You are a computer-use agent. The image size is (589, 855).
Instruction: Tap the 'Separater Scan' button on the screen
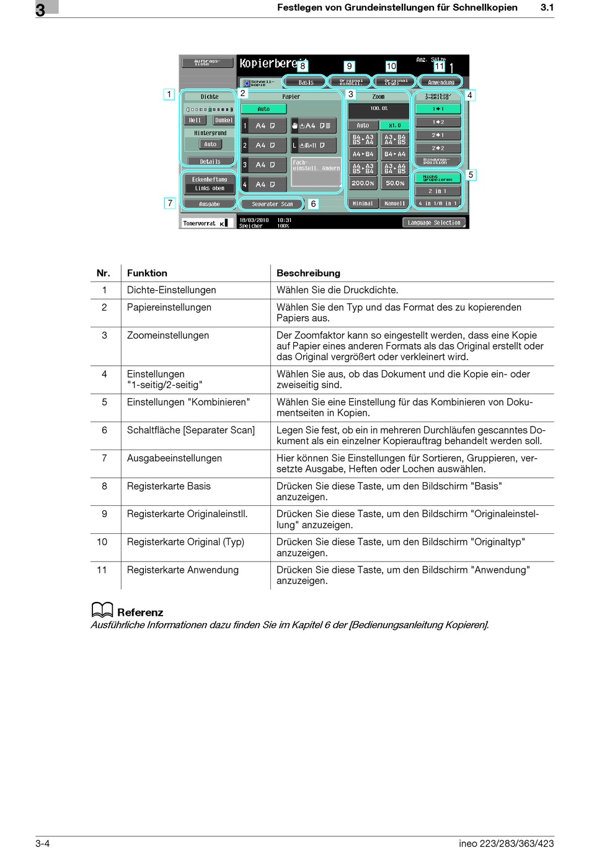coord(272,204)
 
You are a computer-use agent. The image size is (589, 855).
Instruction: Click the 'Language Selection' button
coord(434,223)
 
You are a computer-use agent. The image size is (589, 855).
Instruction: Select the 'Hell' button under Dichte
coord(195,120)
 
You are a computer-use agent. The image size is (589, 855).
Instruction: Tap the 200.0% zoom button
coord(363,184)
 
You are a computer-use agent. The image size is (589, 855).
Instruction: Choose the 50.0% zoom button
coord(395,184)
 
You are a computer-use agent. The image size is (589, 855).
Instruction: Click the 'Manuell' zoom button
coord(395,203)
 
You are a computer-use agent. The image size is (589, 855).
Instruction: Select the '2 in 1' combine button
coord(438,191)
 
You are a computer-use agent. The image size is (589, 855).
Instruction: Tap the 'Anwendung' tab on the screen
coord(441,82)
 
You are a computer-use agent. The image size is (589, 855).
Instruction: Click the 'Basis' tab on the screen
coord(306,82)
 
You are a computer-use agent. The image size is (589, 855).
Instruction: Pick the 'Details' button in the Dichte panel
coord(210,162)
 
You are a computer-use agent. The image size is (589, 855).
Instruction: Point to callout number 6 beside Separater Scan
coord(314,203)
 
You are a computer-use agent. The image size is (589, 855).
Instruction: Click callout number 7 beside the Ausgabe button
coord(170,203)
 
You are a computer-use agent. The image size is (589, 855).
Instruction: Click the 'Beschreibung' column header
coord(308,273)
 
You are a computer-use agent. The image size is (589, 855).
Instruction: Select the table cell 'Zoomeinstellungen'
coord(168,335)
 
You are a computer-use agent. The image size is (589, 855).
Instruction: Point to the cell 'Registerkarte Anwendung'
coord(183,570)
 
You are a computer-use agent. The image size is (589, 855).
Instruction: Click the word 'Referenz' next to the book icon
coord(140,613)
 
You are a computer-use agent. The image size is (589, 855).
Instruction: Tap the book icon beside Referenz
coord(102,611)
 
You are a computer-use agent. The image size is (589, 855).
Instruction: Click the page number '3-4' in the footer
coord(43,843)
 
